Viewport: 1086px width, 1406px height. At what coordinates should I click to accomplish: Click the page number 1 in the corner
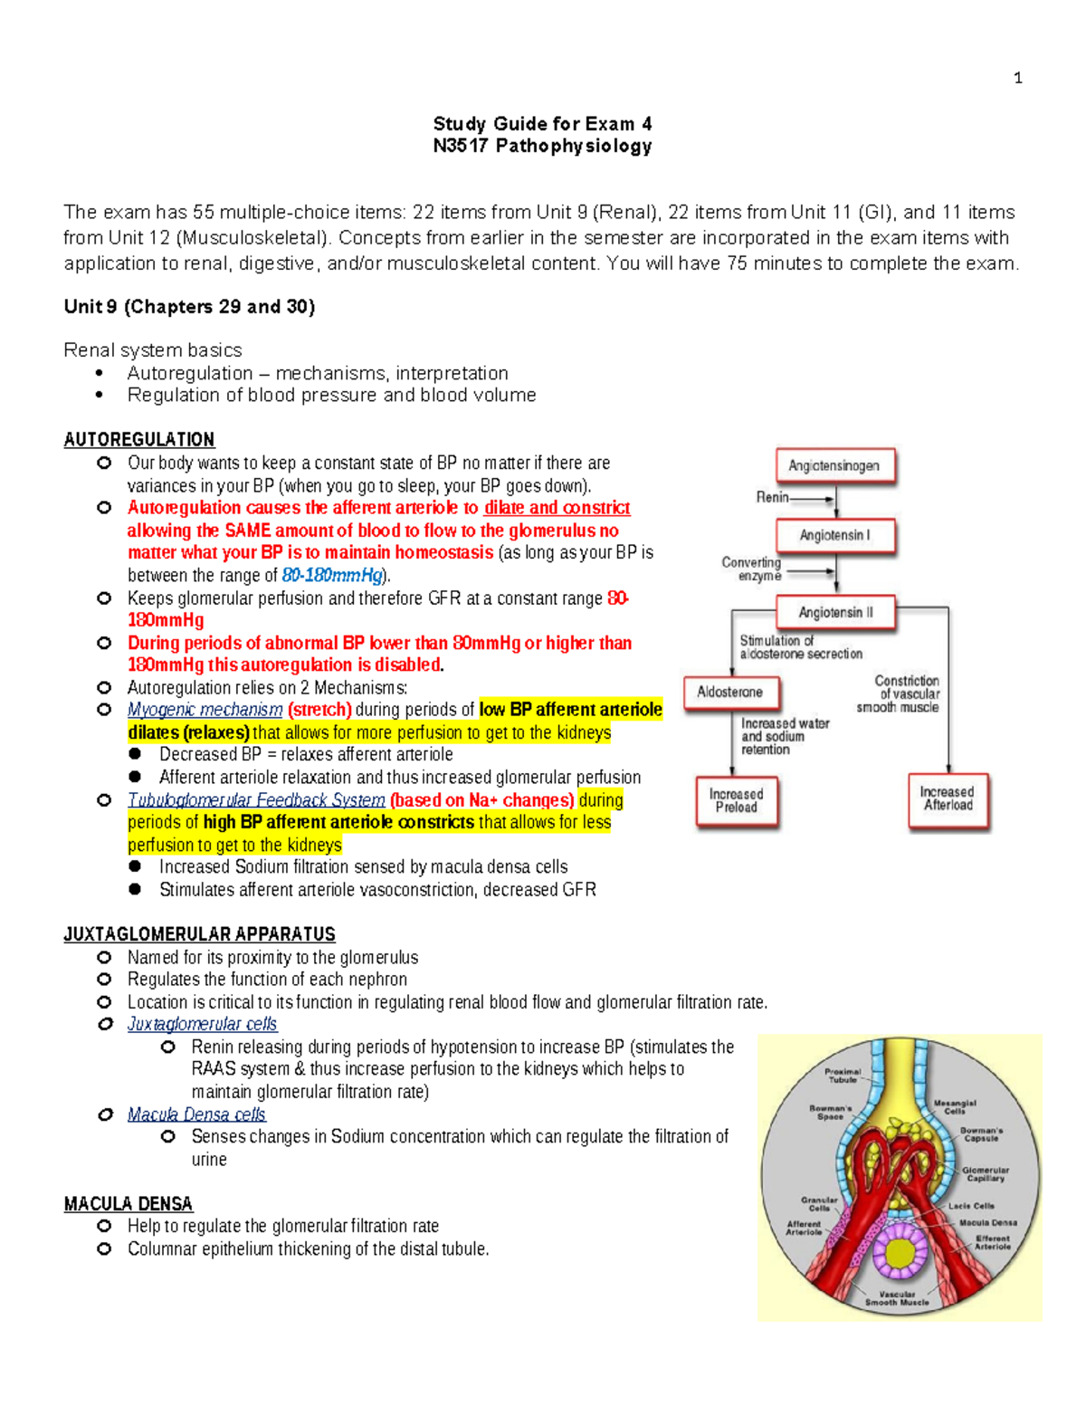[x=1018, y=79]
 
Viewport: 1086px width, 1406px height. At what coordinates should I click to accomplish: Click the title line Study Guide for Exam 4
[x=542, y=124]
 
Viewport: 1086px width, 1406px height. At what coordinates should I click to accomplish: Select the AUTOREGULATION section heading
[x=139, y=440]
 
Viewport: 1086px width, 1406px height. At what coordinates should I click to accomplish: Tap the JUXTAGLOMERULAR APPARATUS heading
[x=199, y=934]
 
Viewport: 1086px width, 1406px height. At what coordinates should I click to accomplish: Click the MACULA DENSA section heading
[x=128, y=1204]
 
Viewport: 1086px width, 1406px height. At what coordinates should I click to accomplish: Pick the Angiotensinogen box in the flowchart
[x=834, y=465]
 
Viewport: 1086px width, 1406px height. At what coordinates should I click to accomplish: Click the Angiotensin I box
[x=835, y=535]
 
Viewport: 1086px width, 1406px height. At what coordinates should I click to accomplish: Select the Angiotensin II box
[x=835, y=613]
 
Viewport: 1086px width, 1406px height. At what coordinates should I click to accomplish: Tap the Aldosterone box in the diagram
[x=730, y=693]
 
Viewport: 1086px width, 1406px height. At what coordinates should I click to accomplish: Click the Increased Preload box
[x=737, y=800]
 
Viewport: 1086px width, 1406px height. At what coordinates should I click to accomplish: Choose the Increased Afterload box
[x=948, y=799]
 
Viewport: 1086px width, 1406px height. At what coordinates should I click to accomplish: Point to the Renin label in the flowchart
[x=772, y=497]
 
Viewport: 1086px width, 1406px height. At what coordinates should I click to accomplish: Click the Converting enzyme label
[x=751, y=569]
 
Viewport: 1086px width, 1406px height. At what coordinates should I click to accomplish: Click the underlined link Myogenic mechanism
[x=205, y=710]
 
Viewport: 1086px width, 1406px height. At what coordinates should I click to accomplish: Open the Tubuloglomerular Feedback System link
[x=256, y=800]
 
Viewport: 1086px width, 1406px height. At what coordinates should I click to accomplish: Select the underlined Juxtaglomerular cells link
[x=202, y=1024]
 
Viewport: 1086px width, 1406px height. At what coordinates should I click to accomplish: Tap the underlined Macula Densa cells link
[x=196, y=1114]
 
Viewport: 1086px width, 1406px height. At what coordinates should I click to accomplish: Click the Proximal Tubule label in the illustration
[x=843, y=1075]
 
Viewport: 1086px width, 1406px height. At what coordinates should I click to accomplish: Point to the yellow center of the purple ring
[x=900, y=1254]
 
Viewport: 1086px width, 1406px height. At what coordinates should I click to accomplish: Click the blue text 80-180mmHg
[x=332, y=576]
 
